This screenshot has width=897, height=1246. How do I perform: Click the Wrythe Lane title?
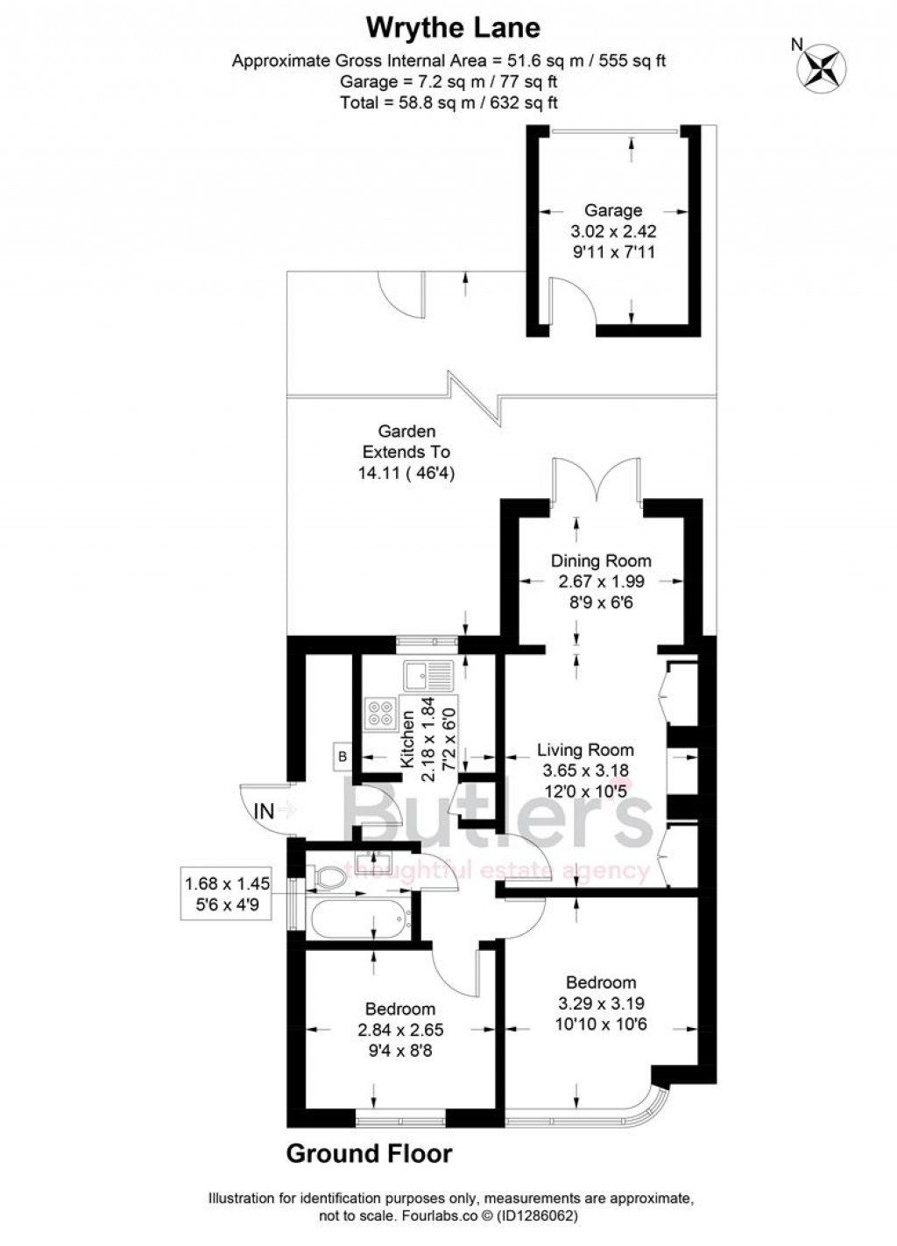coord(452,28)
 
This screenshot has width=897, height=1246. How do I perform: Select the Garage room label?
coord(613,210)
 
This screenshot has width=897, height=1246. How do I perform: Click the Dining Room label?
coord(601,560)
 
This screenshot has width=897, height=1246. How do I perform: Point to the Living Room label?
coord(585,750)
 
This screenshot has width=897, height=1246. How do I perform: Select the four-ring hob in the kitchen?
coord(380,714)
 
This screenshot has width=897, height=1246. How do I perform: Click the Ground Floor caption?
coord(369,1154)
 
